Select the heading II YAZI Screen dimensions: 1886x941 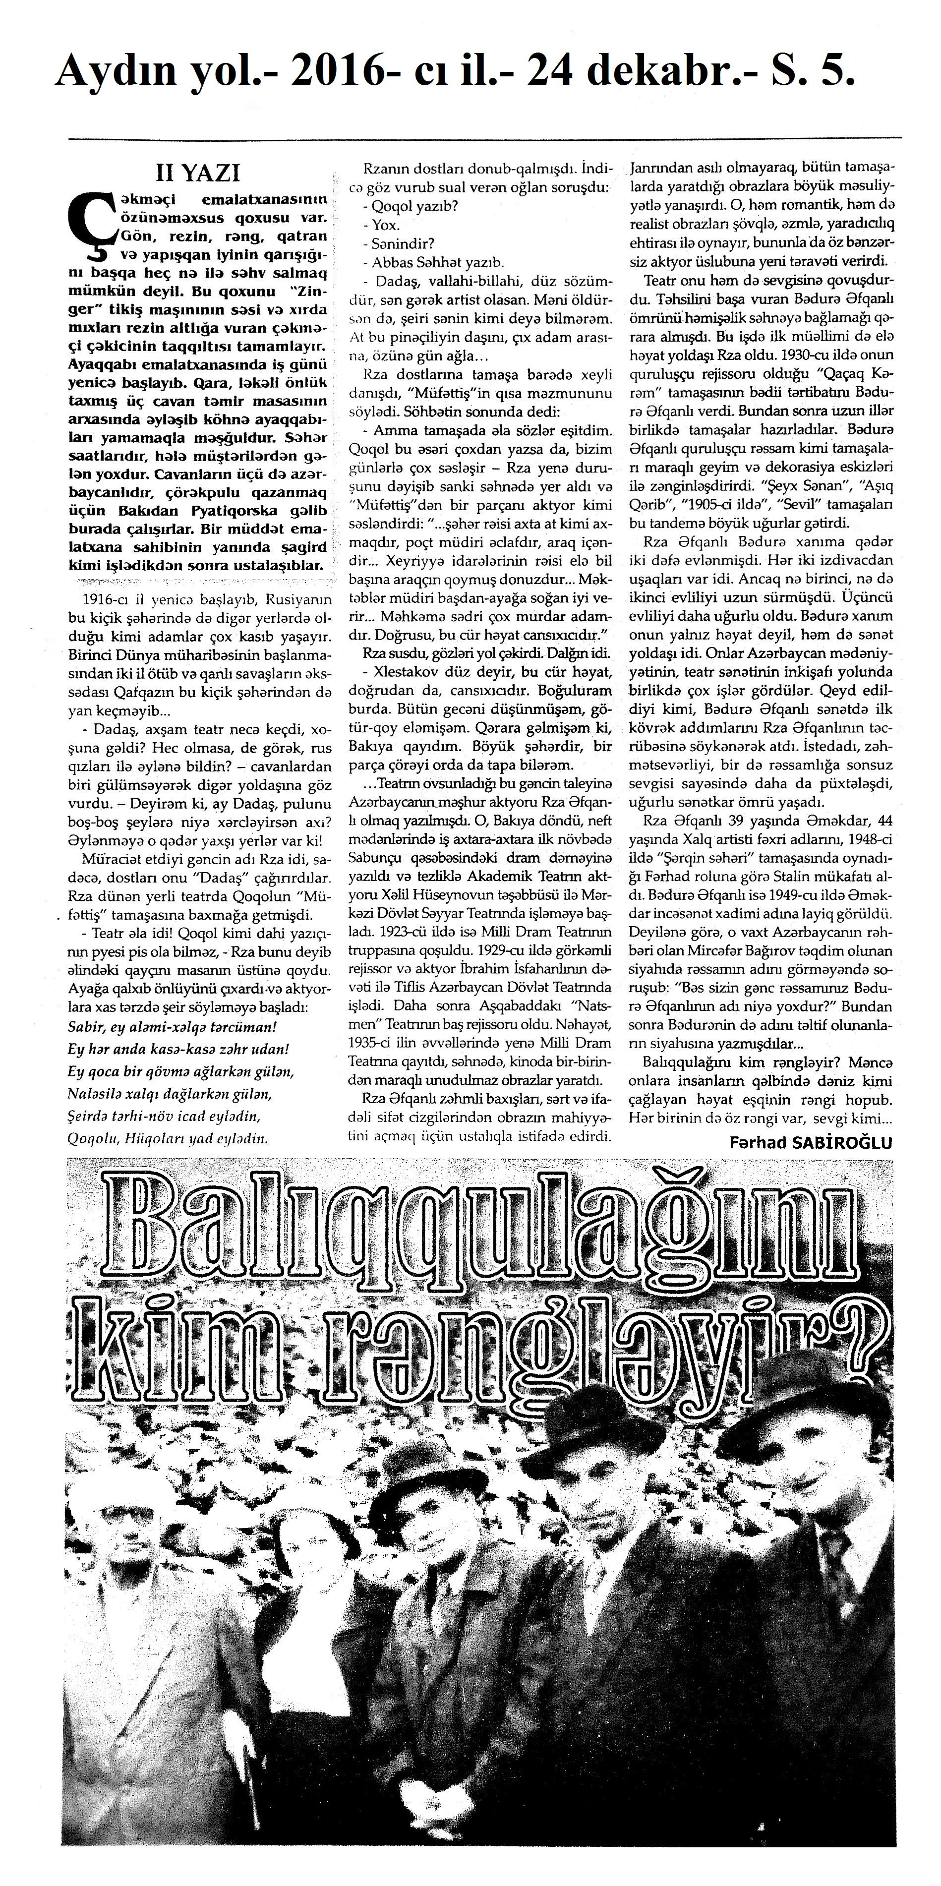pyautogui.click(x=198, y=173)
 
